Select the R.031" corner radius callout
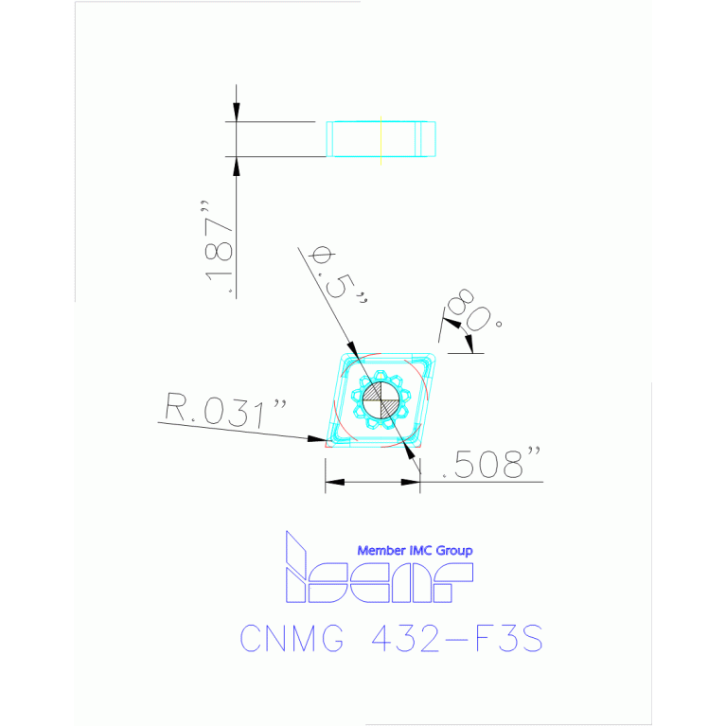click(225, 414)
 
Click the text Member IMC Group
click(414, 550)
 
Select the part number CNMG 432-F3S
click(391, 639)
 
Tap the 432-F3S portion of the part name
click(453, 639)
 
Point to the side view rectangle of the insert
click(381, 139)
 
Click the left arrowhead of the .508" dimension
click(332, 482)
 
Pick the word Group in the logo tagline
click(454, 550)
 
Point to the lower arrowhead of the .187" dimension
click(237, 166)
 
